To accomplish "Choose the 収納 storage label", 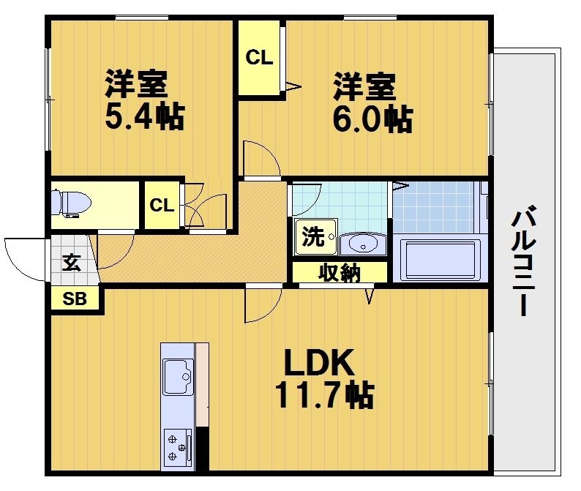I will (340, 272).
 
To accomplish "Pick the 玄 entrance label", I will (72, 262).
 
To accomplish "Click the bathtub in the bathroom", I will (436, 260).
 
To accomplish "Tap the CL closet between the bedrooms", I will (259, 58).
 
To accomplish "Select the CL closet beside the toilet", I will (162, 206).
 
